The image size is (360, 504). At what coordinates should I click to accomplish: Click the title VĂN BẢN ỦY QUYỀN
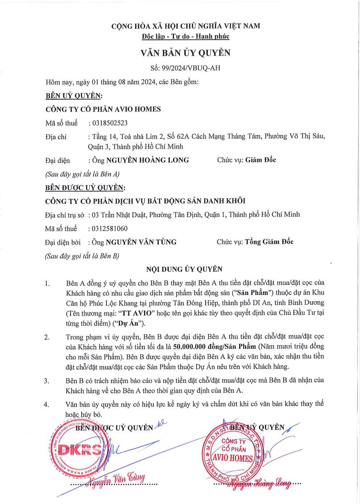click(185, 53)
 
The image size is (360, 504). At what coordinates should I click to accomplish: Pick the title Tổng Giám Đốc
click(269, 242)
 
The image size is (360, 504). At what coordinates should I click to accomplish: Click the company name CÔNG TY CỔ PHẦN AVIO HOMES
click(103, 109)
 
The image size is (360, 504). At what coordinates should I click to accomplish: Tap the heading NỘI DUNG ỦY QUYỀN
click(184, 269)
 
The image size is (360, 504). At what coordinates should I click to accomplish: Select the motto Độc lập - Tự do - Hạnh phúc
click(186, 36)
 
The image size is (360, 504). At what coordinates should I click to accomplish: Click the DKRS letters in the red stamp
click(80, 450)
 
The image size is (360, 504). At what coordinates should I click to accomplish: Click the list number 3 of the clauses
click(47, 381)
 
